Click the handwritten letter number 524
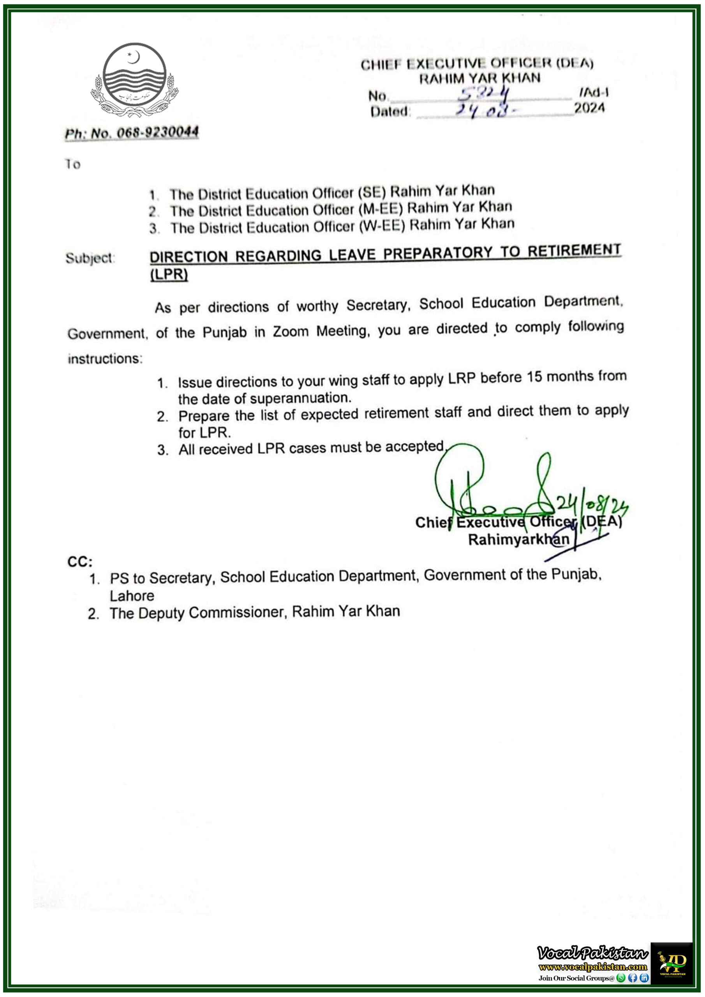click(x=484, y=93)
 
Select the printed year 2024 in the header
click(x=589, y=108)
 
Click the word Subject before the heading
click(x=90, y=258)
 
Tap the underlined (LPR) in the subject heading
click(x=169, y=275)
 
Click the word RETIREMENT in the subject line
click(x=574, y=251)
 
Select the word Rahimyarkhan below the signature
click(x=518, y=540)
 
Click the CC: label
click(x=80, y=562)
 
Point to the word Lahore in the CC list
click(x=132, y=596)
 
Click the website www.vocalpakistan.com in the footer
click(x=592, y=967)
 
